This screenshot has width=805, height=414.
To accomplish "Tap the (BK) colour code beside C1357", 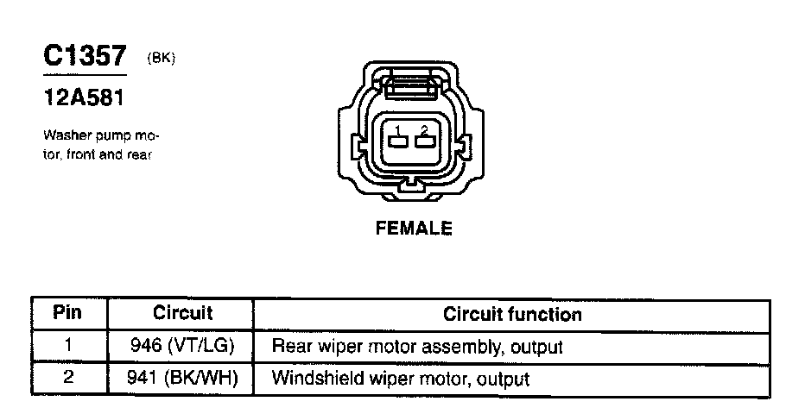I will click(x=162, y=59).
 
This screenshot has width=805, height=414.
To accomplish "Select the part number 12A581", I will click(x=85, y=98).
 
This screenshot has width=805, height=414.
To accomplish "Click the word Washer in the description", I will click(x=61, y=136).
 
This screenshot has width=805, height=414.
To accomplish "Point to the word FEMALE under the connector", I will click(x=414, y=229).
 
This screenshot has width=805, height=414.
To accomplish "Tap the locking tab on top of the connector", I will click(x=411, y=85).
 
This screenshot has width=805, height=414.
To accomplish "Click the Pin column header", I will click(x=67, y=312).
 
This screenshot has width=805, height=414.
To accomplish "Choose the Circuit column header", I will click(x=182, y=312).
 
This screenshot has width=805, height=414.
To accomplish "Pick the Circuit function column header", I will click(x=512, y=314).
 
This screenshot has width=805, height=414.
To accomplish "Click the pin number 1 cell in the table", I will click(x=67, y=347).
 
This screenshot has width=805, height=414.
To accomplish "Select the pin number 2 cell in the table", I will click(x=67, y=378).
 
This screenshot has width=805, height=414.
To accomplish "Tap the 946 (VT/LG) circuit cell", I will click(x=182, y=347).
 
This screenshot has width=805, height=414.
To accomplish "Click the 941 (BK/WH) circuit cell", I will click(x=182, y=378).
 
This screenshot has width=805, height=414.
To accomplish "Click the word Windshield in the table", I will click(x=311, y=378).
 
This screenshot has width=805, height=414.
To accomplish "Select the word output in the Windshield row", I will click(x=502, y=378).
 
